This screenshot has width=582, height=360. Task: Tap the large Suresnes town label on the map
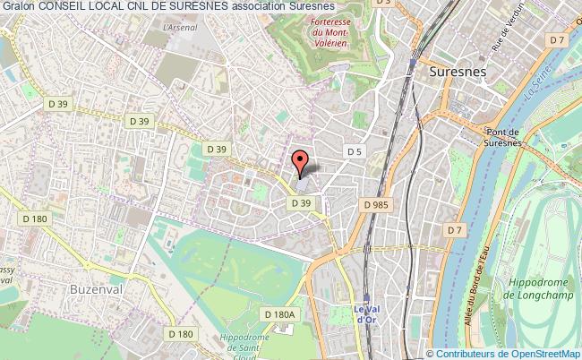pos(457,70)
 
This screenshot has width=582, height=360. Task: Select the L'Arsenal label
pos(179,27)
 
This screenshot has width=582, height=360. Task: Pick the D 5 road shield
pos(354,152)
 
